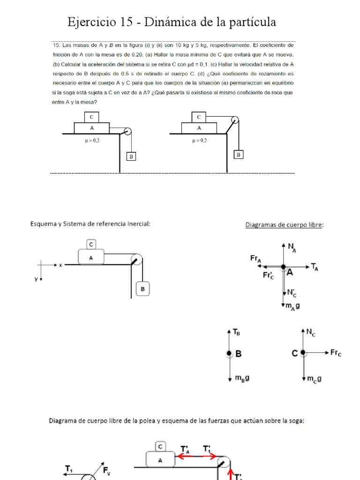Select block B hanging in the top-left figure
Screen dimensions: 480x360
[x=131, y=157]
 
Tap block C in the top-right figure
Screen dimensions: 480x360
[x=199, y=117]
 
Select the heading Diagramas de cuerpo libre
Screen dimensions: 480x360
[x=284, y=225]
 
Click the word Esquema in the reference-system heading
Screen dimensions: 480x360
[x=45, y=224]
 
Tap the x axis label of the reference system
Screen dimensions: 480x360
[x=60, y=265]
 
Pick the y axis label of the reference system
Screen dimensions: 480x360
[x=36, y=279]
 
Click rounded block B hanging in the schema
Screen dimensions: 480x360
[x=142, y=289]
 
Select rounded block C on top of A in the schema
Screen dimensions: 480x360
[x=91, y=244]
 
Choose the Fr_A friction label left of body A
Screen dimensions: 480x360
[x=256, y=258]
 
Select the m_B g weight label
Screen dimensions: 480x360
[x=242, y=377]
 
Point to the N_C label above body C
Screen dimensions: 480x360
[x=311, y=332]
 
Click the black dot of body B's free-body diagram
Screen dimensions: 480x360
[x=229, y=353]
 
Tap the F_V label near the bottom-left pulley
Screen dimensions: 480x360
[x=107, y=470]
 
